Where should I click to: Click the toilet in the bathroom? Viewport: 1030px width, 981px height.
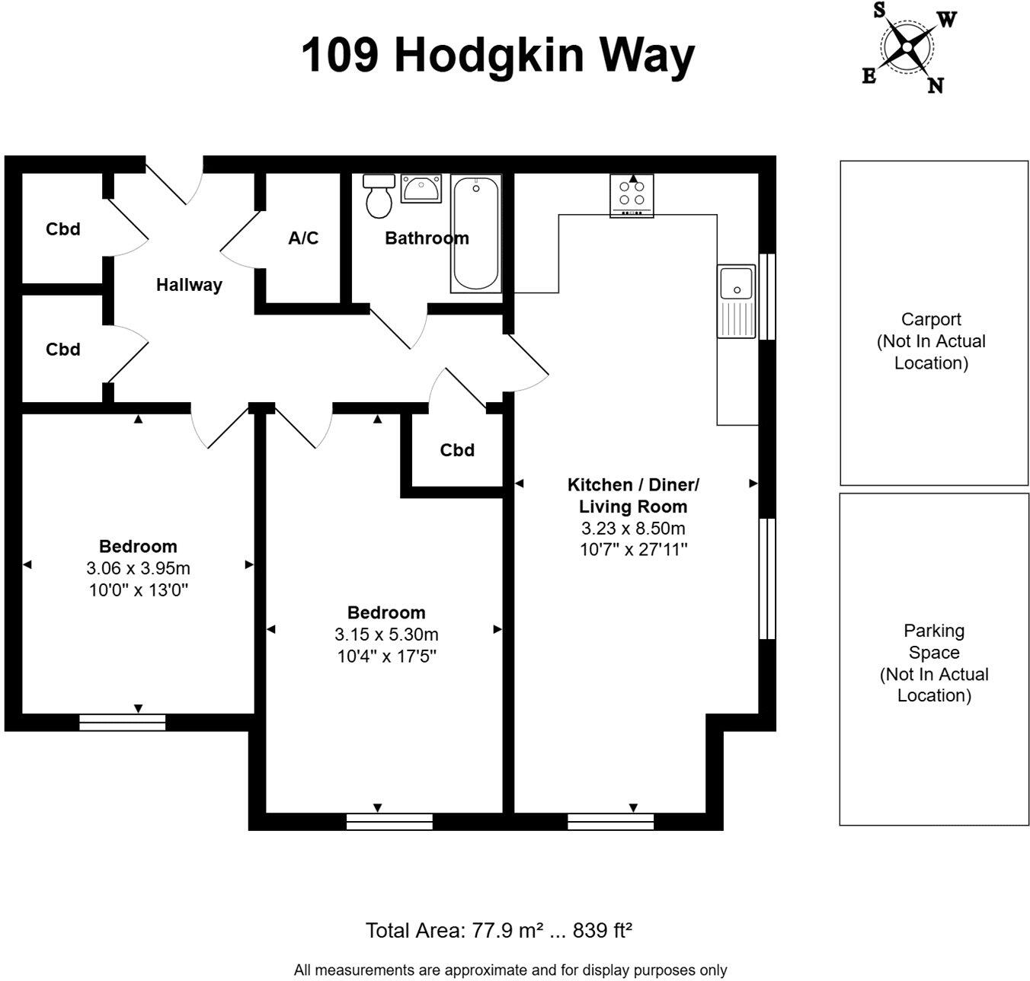click(x=379, y=197)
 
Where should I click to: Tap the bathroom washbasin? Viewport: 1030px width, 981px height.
click(x=421, y=188)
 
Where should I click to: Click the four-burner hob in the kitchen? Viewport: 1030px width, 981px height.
click(x=632, y=194)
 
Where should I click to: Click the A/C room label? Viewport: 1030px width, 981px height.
click(x=303, y=238)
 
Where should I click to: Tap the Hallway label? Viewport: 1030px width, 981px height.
click(x=189, y=285)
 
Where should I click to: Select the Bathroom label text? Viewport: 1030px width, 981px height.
click(x=427, y=238)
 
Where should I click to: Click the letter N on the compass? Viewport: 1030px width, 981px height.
click(x=936, y=85)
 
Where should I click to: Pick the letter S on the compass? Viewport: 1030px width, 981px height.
click(x=879, y=10)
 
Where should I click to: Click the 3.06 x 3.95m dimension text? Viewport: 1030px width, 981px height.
click(x=138, y=568)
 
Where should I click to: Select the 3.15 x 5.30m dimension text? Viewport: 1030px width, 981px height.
click(x=386, y=634)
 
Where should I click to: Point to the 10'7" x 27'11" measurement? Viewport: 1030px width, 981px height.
click(x=633, y=550)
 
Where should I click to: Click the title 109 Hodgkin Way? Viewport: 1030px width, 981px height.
click(x=498, y=55)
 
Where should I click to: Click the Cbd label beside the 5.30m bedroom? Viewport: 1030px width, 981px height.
click(x=457, y=450)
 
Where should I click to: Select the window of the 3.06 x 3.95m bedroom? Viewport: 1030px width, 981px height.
click(x=123, y=722)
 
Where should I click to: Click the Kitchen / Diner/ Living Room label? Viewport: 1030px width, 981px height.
click(x=633, y=495)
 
